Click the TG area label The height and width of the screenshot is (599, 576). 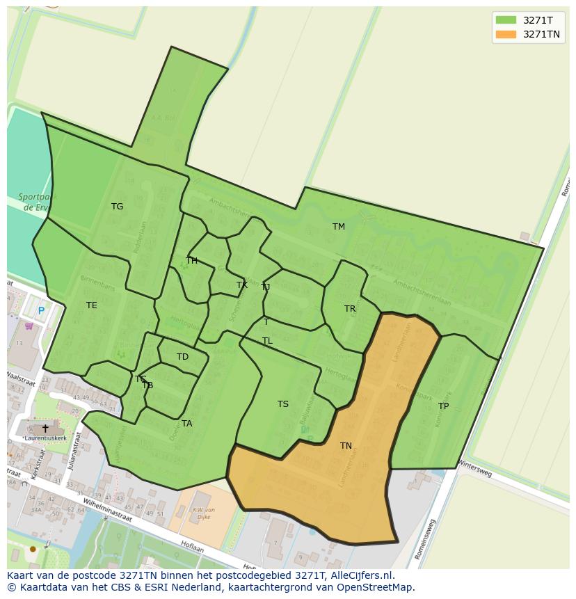pos(117,207)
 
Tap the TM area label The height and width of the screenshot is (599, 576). pos(339,227)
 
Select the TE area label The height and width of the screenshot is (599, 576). pos(92,305)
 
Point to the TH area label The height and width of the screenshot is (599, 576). pos(191,261)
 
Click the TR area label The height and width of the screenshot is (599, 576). pos(350,309)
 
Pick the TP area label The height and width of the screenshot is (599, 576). pos(443,406)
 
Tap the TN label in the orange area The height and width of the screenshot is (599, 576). pos(346,446)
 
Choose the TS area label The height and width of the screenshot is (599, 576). pos(283,404)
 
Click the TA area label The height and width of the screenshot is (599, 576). pos(186,424)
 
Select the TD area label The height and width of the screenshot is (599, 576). pos(182,357)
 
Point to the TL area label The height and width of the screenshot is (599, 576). pos(267,341)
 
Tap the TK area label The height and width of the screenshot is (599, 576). pos(242,285)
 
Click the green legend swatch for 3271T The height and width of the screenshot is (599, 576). pos(506,20)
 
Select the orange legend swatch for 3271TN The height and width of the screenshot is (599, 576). pos(506,34)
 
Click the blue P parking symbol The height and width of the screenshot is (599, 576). pos(41,311)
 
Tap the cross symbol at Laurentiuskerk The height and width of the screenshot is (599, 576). pos(45,429)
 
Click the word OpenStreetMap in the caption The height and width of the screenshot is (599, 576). pos(376,587)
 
